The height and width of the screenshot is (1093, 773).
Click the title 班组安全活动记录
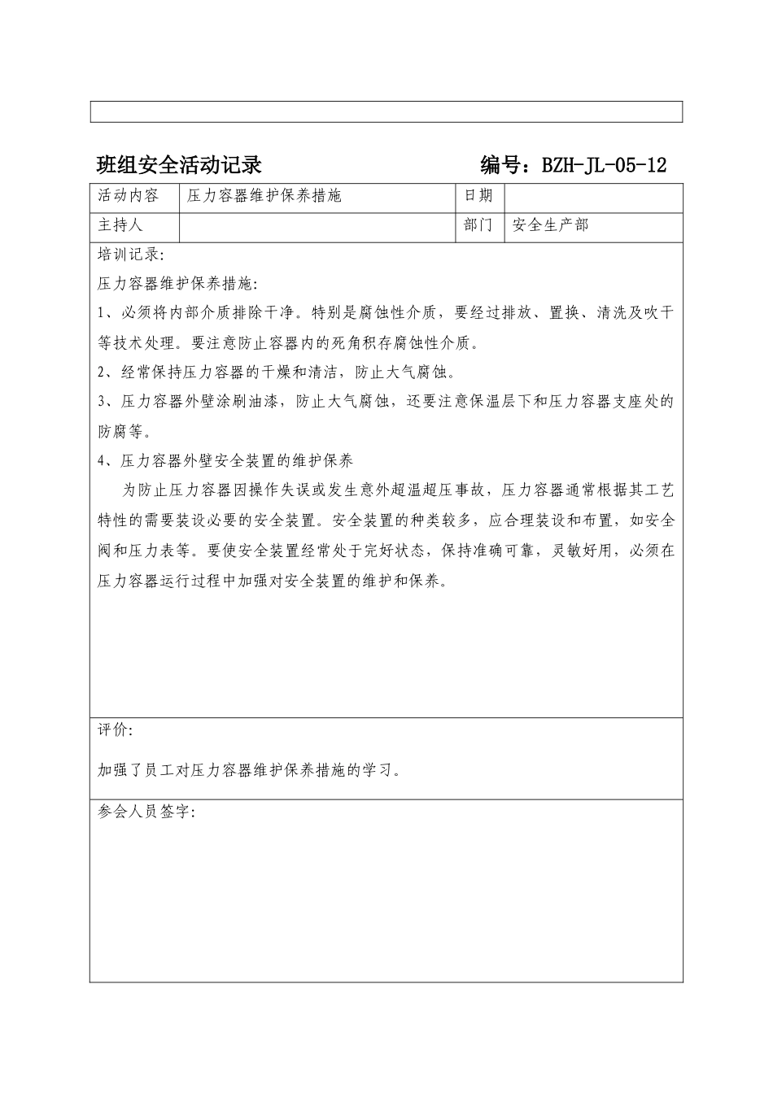click(179, 165)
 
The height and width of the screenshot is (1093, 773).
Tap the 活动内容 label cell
click(129, 196)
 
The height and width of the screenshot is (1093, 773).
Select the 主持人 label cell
click(120, 224)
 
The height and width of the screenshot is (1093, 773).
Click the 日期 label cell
click(478, 196)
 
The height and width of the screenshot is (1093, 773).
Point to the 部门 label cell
click(478, 224)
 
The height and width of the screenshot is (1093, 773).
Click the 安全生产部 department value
click(551, 224)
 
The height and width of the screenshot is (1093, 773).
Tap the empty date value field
click(592, 197)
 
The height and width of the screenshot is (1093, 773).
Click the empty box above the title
click(386, 111)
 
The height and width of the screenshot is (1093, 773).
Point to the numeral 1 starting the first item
click(101, 312)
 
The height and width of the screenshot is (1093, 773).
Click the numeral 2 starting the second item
click(102, 372)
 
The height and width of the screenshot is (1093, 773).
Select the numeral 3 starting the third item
click(102, 402)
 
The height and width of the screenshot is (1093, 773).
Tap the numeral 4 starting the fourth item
click(102, 461)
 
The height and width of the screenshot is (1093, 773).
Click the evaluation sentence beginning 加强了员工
click(249, 770)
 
